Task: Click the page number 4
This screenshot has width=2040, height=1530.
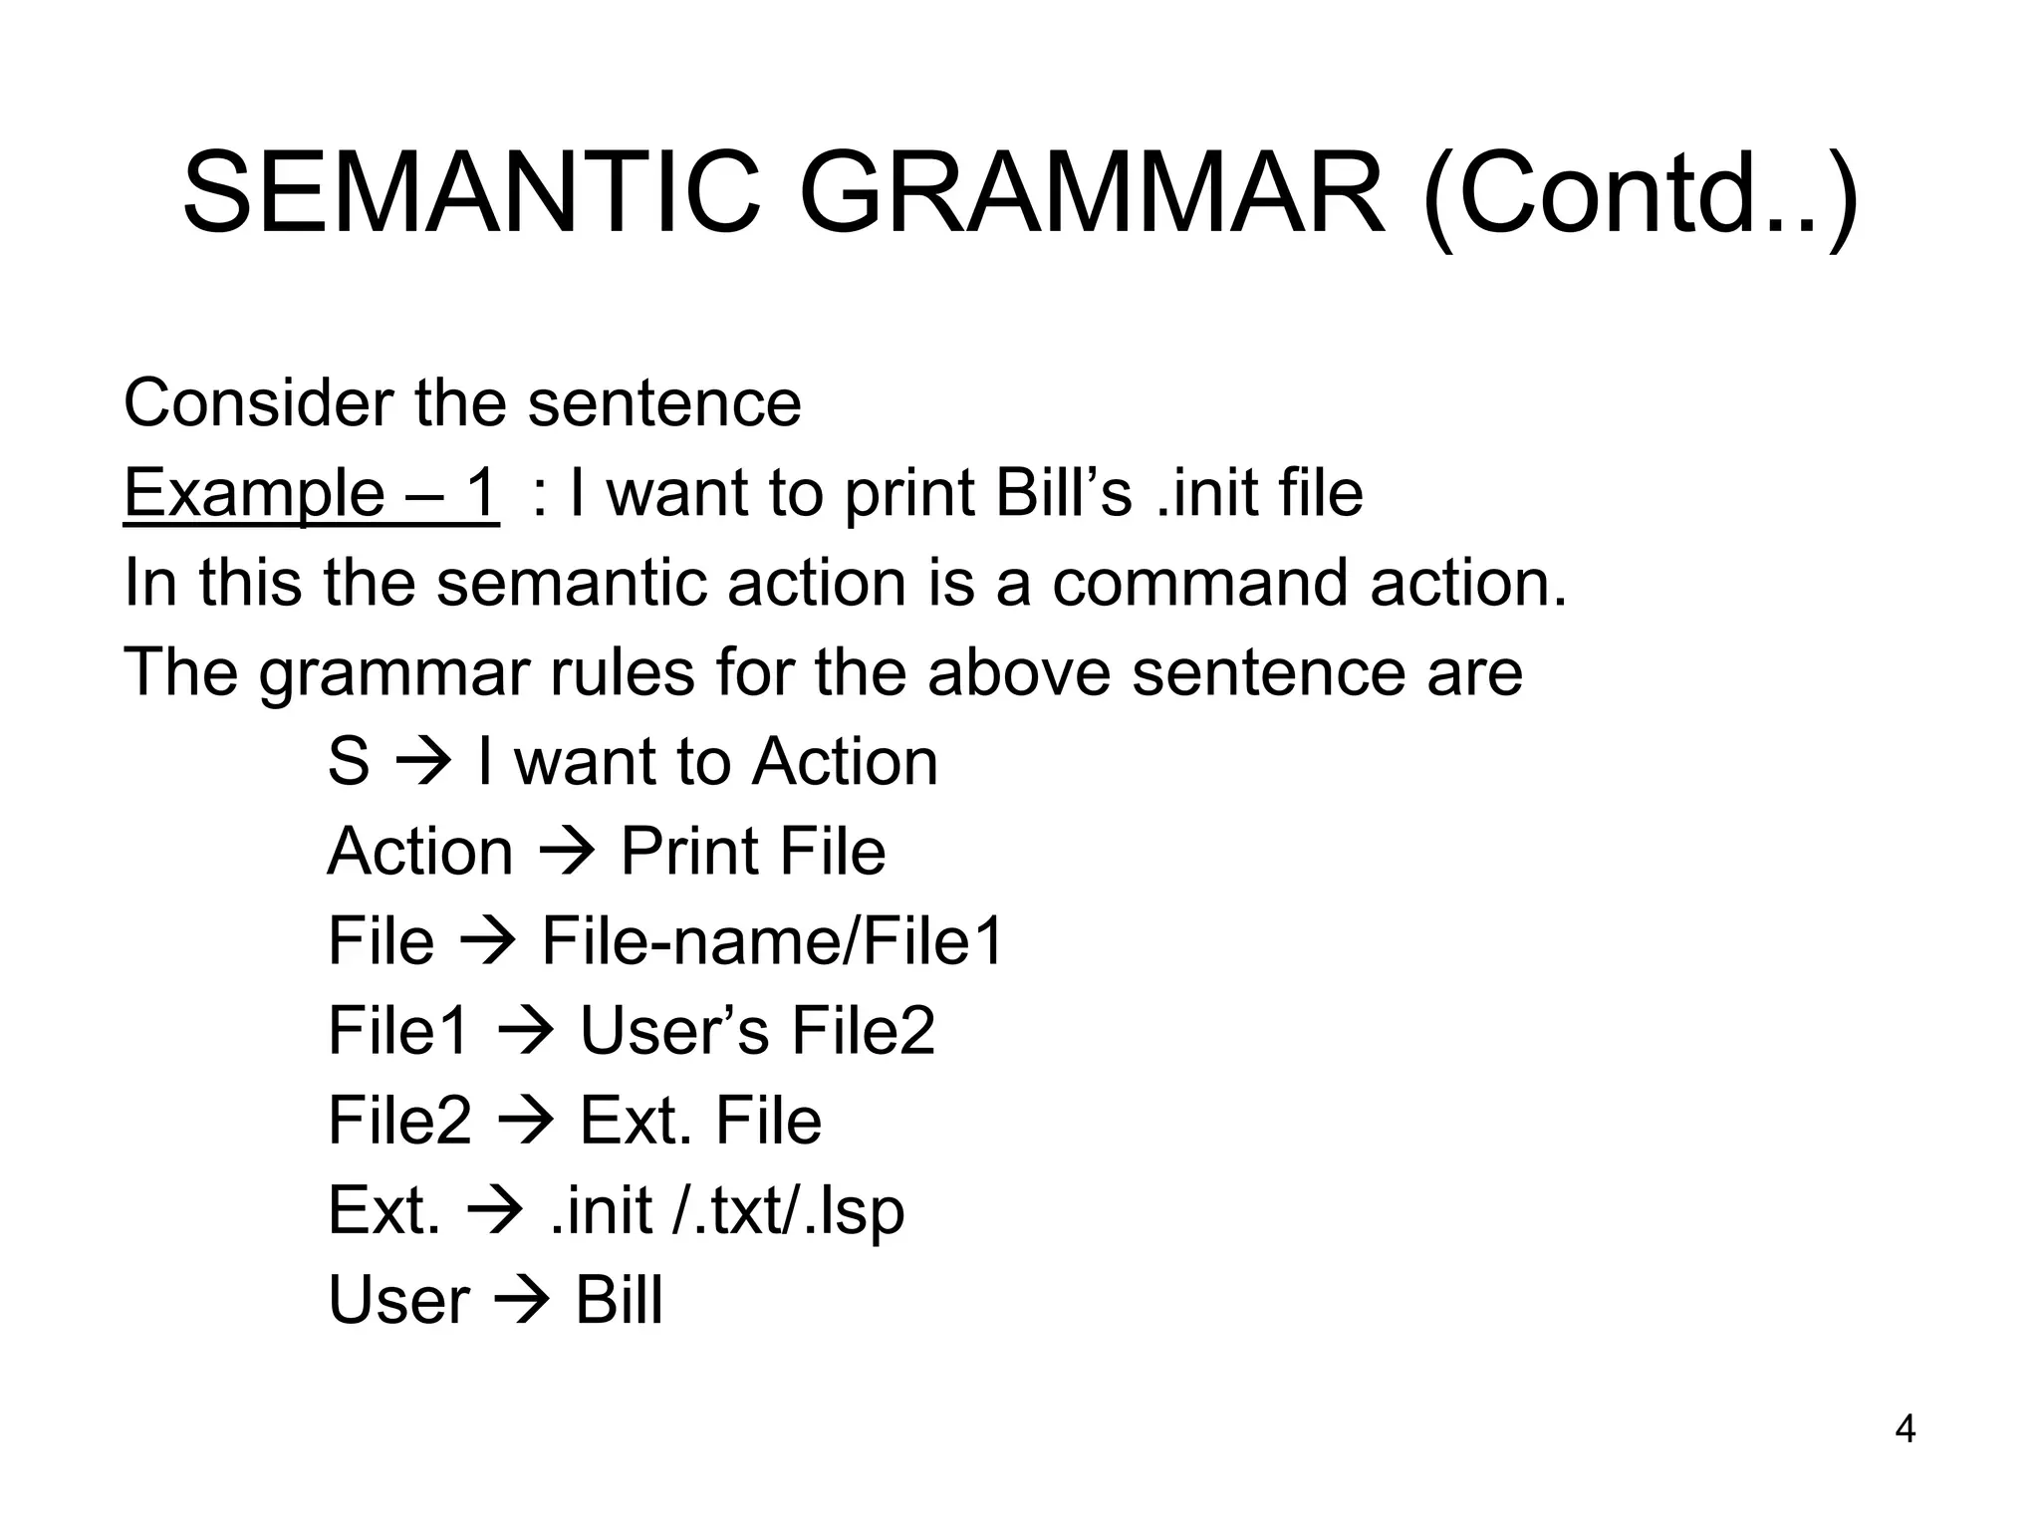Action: tap(1905, 1429)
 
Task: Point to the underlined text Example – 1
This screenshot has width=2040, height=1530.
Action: tap(311, 493)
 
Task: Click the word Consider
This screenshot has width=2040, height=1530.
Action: tap(258, 403)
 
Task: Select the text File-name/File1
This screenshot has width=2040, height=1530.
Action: tap(772, 941)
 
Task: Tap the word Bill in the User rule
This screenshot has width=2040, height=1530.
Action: tap(619, 1300)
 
